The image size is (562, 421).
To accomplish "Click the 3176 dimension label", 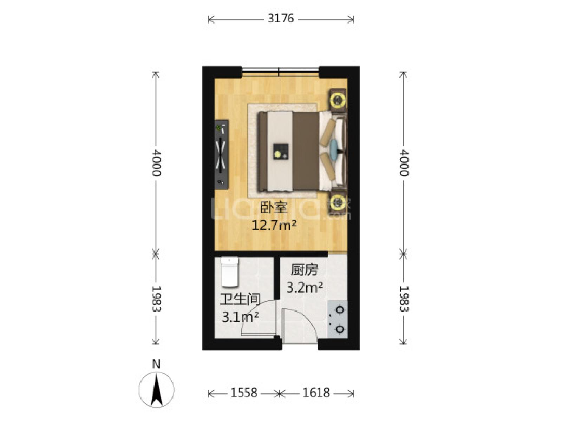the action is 281,19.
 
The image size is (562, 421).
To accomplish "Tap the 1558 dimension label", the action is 243,392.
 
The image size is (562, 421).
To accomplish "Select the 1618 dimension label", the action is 316,392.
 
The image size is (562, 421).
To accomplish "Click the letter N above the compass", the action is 156,364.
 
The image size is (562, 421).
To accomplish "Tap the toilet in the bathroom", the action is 230,272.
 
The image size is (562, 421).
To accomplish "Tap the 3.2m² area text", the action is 305,288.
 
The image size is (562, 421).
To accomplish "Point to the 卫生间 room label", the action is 240,300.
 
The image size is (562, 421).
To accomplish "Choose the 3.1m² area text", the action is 240,317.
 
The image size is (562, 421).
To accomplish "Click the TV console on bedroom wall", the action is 222,155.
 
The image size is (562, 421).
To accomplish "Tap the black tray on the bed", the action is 281,152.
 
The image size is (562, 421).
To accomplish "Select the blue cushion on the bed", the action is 334,147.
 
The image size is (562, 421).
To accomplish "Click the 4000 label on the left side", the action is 156,163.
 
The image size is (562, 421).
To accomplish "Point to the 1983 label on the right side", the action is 404,299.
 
